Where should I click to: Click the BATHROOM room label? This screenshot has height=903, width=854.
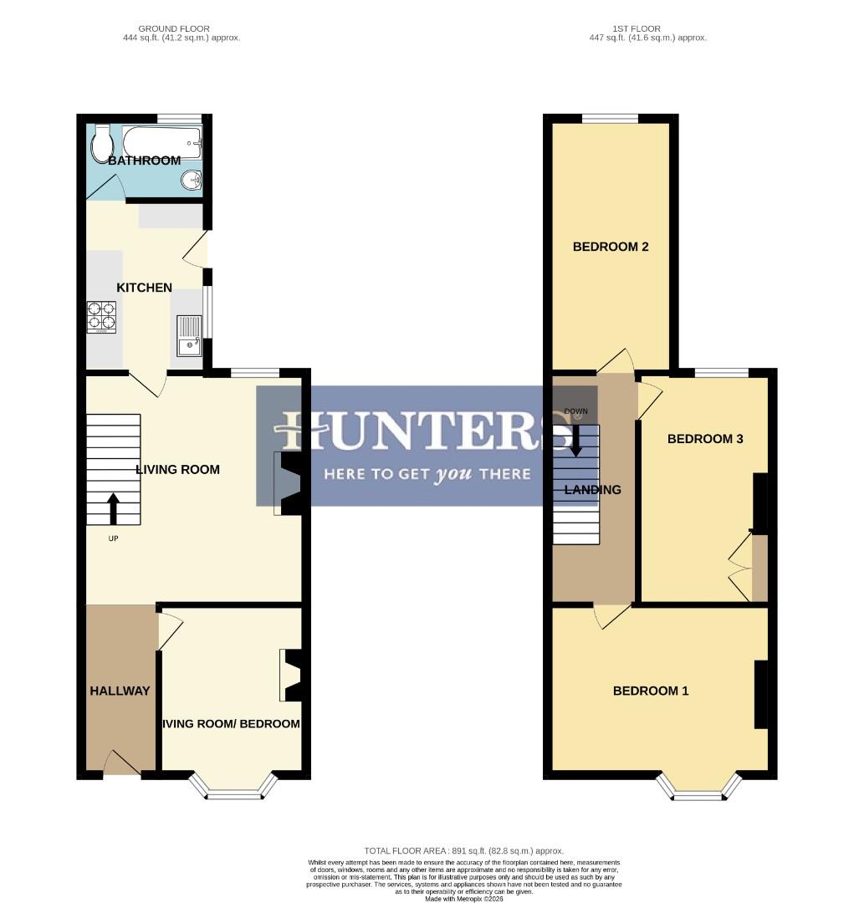point(144,161)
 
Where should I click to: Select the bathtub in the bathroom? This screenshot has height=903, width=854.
point(163,142)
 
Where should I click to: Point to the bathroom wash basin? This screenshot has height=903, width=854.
point(192,179)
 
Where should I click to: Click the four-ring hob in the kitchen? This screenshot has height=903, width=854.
point(102,317)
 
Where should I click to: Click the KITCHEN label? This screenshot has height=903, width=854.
point(144,288)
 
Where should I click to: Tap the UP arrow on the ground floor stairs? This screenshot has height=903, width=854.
point(113,507)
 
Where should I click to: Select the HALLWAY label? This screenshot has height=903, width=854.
point(120,691)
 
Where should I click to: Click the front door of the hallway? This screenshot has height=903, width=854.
point(122,764)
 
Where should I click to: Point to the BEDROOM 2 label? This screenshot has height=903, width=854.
point(611,247)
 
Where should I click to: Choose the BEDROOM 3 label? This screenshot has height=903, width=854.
point(705,439)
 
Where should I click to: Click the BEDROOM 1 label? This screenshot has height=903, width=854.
point(651,691)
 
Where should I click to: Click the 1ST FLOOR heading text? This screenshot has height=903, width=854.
point(648,29)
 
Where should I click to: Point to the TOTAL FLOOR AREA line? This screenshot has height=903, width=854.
point(463,850)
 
